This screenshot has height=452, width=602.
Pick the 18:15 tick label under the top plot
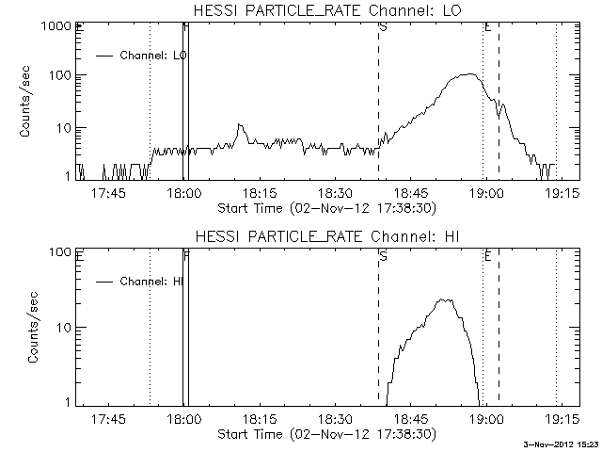click(259, 193)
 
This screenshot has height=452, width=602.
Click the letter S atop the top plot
click(383, 27)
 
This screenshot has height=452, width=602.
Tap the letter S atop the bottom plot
click(383, 254)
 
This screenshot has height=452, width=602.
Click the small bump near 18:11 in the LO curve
click(240, 125)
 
